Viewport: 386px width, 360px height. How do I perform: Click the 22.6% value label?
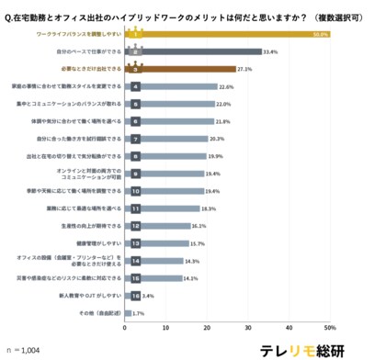227,86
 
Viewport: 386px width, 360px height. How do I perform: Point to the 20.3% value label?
218,139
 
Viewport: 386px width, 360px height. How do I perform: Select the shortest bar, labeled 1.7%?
129,313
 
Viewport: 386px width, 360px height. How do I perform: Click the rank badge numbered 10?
136,191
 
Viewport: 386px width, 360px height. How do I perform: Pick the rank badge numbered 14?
136,261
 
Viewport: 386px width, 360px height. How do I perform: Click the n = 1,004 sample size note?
26,348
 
